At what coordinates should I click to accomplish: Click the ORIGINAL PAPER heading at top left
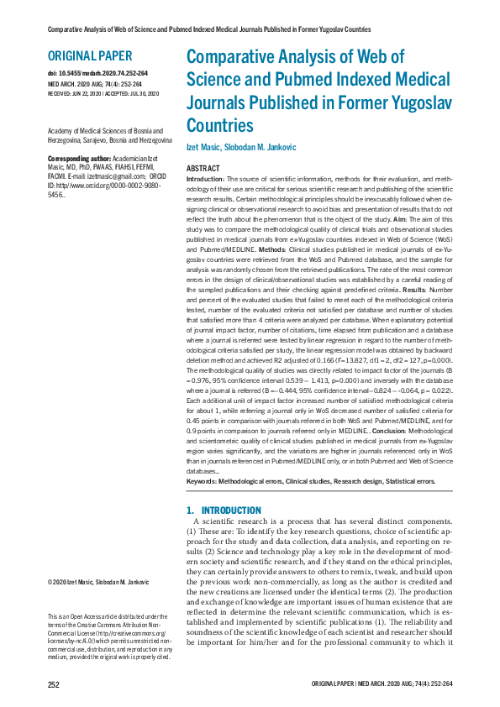90,56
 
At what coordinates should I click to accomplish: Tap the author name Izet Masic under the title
204,148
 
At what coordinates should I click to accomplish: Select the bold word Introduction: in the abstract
204,180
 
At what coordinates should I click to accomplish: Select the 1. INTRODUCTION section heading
224,510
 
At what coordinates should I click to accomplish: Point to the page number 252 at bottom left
53,685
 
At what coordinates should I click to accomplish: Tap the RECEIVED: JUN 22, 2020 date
71,92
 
